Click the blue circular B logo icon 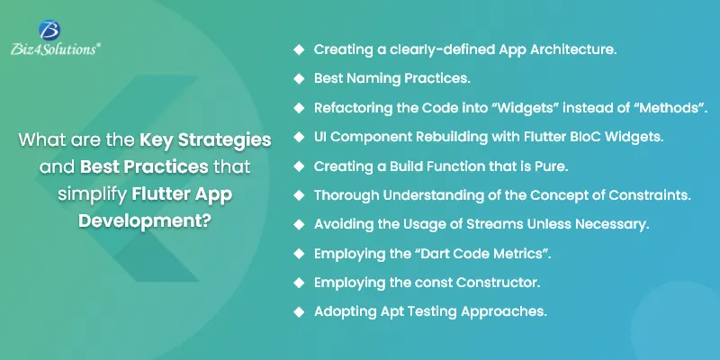pos(49,30)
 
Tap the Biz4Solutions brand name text pos(55,49)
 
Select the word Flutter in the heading pos(159,194)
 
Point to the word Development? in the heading pos(144,221)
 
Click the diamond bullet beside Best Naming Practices pos(299,78)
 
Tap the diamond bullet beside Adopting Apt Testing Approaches pos(299,311)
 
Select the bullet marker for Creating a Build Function pos(299,166)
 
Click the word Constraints pos(650,195)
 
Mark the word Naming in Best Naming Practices pos(373,79)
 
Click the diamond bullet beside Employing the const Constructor pos(299,283)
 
